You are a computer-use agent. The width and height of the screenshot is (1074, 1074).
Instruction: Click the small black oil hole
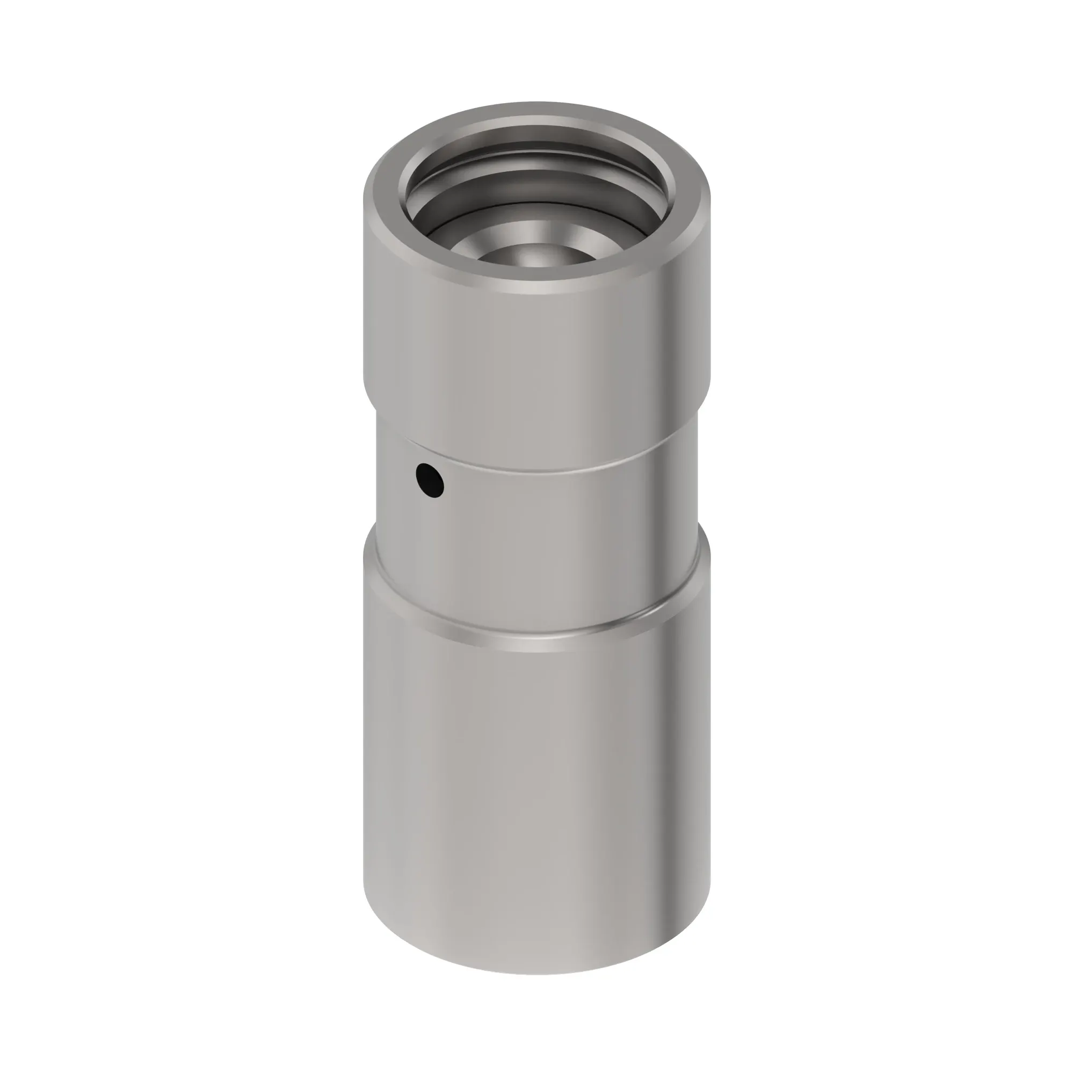(430, 481)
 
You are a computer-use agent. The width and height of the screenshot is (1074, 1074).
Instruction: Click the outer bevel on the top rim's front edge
(537, 287)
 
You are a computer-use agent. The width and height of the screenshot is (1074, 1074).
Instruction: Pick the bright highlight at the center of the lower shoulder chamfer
(537, 645)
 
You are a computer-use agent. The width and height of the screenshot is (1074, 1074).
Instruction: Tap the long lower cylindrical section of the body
(537, 806)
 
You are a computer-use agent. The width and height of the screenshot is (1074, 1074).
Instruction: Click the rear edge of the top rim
(537, 105)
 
